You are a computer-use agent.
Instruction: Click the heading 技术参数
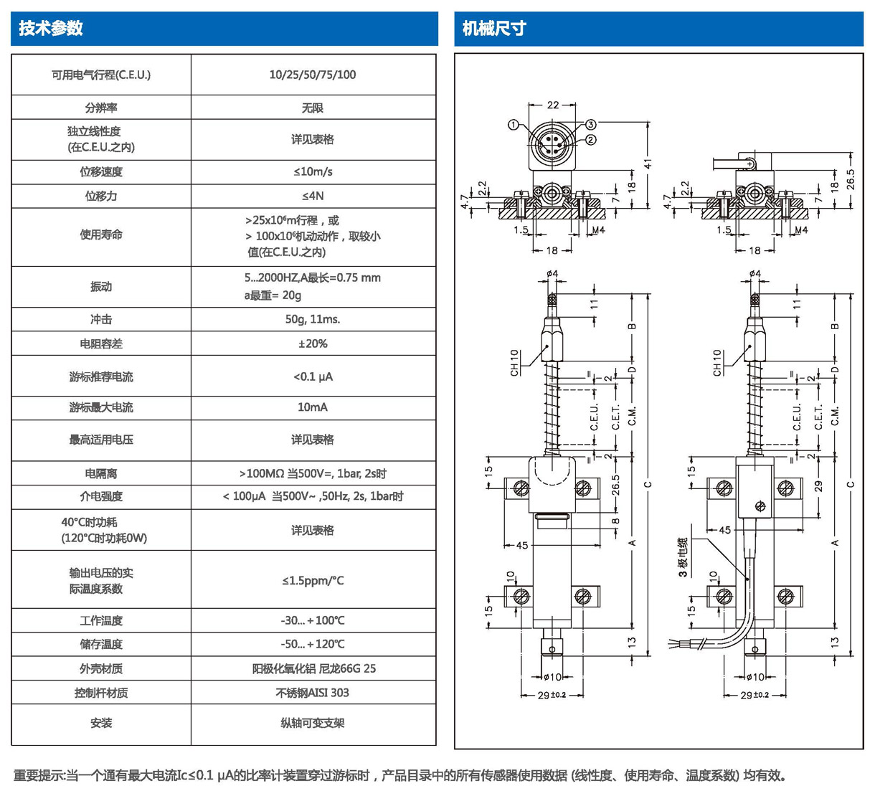tap(51, 29)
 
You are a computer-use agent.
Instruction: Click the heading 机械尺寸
tap(494, 29)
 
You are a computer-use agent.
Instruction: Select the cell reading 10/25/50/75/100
tap(313, 75)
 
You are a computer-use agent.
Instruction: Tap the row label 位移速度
tap(101, 172)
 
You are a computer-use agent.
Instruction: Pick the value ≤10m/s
tap(313, 172)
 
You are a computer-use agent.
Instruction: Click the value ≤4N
tap(313, 196)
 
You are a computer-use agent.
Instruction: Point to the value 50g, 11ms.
tap(313, 319)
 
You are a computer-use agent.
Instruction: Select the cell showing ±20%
tap(313, 343)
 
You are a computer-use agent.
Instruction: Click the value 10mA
tap(313, 407)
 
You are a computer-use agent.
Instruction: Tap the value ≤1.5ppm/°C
tap(313, 580)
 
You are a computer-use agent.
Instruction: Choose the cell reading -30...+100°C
tap(313, 620)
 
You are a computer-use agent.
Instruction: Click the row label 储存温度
tap(101, 644)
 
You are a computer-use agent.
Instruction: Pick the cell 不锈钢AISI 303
tap(313, 693)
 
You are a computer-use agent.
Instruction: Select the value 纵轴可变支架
tap(313, 723)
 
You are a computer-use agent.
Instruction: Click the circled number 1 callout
tap(514, 125)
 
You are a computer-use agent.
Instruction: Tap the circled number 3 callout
tap(591, 125)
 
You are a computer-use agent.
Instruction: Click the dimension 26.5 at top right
tap(851, 179)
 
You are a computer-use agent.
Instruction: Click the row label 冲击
tap(101, 319)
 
